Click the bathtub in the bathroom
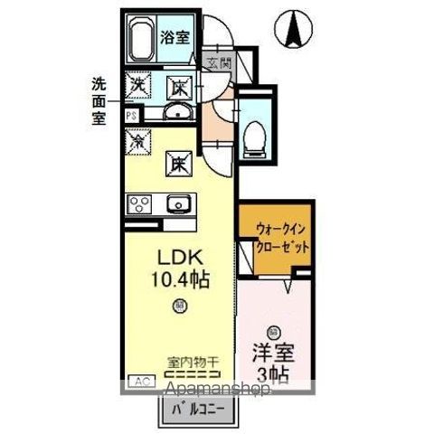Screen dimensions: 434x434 (x=141, y=41)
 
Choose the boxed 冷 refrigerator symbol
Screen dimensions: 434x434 (x=139, y=142)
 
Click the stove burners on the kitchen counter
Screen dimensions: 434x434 (x=139, y=203)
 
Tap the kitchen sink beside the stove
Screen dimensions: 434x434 (x=178, y=203)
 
